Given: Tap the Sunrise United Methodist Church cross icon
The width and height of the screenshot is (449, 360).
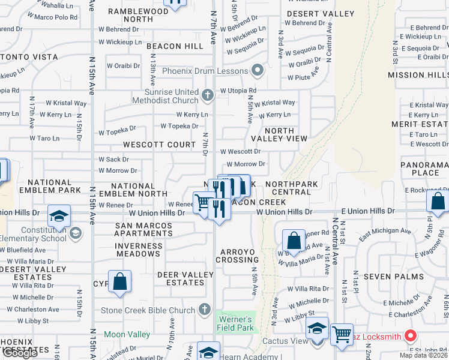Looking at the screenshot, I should (x=208, y=95).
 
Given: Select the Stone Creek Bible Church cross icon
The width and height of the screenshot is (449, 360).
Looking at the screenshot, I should (x=205, y=310).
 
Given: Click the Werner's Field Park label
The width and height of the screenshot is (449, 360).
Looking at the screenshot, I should (x=235, y=323).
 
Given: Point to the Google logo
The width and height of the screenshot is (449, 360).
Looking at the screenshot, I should (x=20, y=353).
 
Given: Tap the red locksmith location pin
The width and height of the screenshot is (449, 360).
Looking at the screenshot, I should (x=411, y=336).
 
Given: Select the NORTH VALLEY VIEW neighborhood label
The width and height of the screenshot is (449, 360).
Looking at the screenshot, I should (x=279, y=134).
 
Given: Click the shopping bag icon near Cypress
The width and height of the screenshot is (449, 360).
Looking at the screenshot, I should (x=119, y=281).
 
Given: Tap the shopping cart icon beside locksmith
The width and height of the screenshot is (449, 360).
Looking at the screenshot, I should (x=342, y=334).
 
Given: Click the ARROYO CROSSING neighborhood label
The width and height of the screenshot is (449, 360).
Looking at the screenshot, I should (x=239, y=256).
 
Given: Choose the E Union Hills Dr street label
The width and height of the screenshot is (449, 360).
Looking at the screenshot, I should (x=368, y=211).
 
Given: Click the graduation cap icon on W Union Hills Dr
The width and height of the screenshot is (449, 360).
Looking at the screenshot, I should (x=59, y=215).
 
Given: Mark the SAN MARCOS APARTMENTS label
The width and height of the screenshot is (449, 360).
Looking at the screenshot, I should (x=143, y=230).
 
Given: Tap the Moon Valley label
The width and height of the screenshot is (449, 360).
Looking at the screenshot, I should (x=127, y=334).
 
